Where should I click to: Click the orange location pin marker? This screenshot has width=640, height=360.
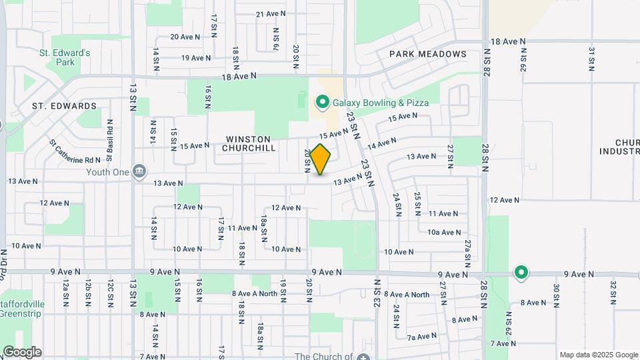click(321, 159)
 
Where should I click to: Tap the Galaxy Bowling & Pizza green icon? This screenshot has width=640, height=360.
click(323, 103)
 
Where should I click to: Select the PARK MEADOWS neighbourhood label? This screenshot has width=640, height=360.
click(427, 54)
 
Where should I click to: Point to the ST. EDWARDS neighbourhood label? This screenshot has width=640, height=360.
click(64, 106)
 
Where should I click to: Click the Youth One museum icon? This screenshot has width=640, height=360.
click(139, 171)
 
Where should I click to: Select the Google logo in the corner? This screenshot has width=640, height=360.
click(22, 352)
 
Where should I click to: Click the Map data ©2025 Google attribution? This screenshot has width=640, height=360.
click(598, 355)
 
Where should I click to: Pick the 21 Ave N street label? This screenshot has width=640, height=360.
click(271, 13)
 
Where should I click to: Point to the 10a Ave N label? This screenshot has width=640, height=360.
click(444, 233)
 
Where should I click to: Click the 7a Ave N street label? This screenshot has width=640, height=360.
click(422, 337)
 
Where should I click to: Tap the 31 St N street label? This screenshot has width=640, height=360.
click(591, 59)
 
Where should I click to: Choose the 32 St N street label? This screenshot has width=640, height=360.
click(613, 294)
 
